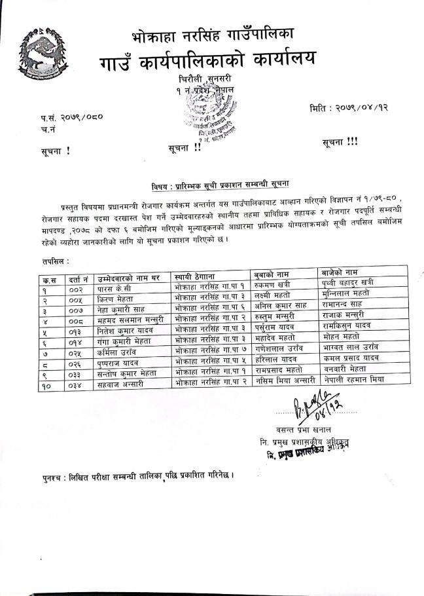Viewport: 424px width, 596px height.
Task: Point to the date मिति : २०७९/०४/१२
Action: (x=349, y=106)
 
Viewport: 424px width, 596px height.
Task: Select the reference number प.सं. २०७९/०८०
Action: (x=71, y=118)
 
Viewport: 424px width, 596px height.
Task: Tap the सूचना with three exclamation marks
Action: (x=340, y=142)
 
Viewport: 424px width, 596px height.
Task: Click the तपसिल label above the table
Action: (x=54, y=261)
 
